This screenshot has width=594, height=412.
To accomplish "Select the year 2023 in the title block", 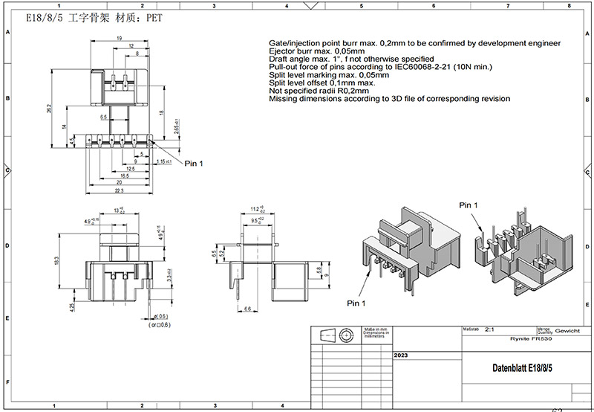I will (x=401, y=356).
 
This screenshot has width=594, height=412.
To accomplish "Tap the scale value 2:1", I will (x=489, y=328).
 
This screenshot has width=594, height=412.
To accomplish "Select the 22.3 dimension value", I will (x=119, y=191).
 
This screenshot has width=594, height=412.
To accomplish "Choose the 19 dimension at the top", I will (x=119, y=38).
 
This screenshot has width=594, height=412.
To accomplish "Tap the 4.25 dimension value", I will (x=71, y=306).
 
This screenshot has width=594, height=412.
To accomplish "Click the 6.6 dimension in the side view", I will (x=249, y=308).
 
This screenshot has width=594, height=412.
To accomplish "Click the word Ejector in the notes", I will (x=282, y=51).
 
